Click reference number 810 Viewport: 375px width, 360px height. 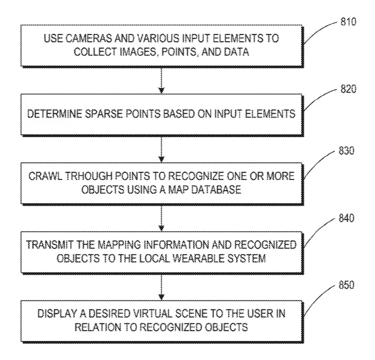tap(348, 22)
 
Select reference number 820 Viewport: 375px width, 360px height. tap(348, 89)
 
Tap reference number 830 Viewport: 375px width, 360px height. tap(346, 150)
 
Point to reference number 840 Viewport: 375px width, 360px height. tap(346, 218)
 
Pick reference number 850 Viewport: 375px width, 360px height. tap(346, 285)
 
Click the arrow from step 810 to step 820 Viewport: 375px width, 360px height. tap(162, 81)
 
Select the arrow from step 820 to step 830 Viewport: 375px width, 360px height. tap(162, 149)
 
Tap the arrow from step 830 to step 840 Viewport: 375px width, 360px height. tap(162, 218)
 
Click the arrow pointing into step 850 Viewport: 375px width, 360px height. tap(162, 287)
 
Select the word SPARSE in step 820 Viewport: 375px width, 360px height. tap(104, 114)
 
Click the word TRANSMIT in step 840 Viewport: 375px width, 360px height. tap(50, 245)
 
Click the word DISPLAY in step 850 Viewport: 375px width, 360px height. tap(57, 314)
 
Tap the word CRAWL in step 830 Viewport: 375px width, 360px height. tap(46, 176)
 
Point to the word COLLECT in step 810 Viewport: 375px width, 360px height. tap(95, 52)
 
